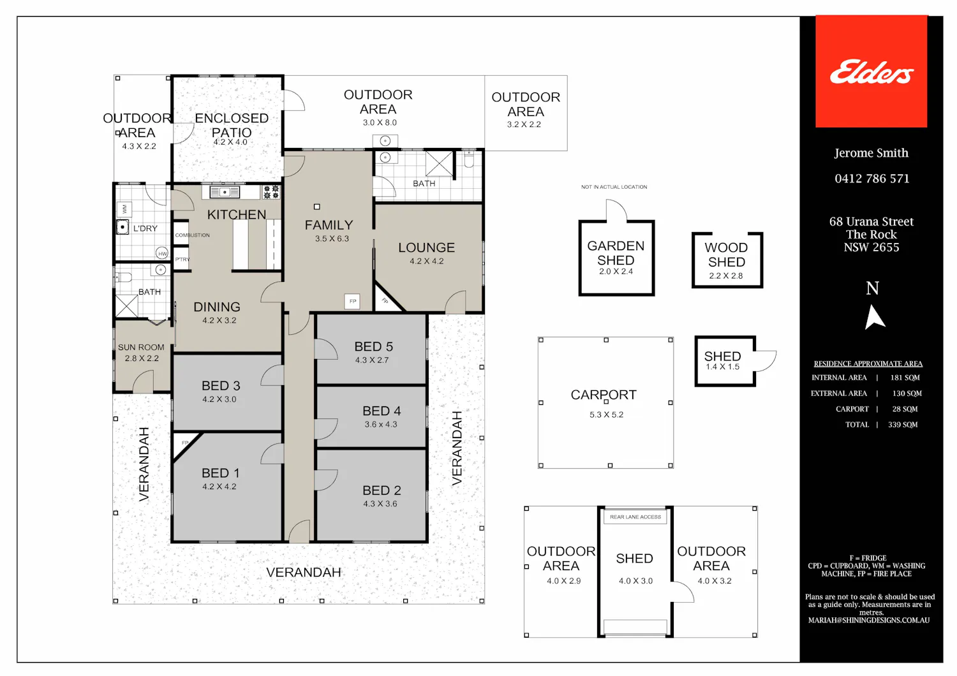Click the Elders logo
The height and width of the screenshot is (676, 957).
pyautogui.click(x=872, y=71)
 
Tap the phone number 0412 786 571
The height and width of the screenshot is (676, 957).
pyautogui.click(x=872, y=179)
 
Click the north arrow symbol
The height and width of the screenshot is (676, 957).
pyautogui.click(x=875, y=317)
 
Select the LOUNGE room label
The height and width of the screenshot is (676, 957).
pyautogui.click(x=426, y=247)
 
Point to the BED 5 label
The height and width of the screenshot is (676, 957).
pyautogui.click(x=373, y=346)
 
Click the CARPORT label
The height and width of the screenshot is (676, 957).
pyautogui.click(x=604, y=395)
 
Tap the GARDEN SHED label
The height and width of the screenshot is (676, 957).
pyautogui.click(x=616, y=253)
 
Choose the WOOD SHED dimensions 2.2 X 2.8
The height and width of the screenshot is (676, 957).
pyautogui.click(x=726, y=276)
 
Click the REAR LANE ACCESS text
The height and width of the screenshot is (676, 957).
pyautogui.click(x=635, y=517)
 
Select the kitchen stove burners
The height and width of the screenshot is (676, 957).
pyautogui.click(x=271, y=192)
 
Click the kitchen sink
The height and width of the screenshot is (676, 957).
pyautogui.click(x=225, y=192)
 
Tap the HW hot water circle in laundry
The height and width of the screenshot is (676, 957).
pyautogui.click(x=162, y=253)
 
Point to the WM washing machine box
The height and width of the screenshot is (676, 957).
pyautogui.click(x=124, y=209)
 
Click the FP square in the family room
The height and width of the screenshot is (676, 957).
pyautogui.click(x=352, y=301)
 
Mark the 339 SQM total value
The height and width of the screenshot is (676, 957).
pyautogui.click(x=903, y=425)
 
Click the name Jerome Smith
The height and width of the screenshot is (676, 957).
pyautogui.click(x=871, y=153)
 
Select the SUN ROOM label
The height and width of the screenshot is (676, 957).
pyautogui.click(x=141, y=347)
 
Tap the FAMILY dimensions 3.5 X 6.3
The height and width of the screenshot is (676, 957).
pyautogui.click(x=332, y=239)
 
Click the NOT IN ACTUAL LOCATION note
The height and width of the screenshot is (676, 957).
pyautogui.click(x=614, y=187)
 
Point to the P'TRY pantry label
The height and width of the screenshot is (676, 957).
pyautogui.click(x=182, y=259)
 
